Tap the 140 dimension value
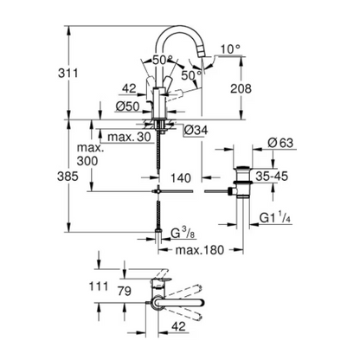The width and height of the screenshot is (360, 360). pyautogui.click(x=180, y=177)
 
